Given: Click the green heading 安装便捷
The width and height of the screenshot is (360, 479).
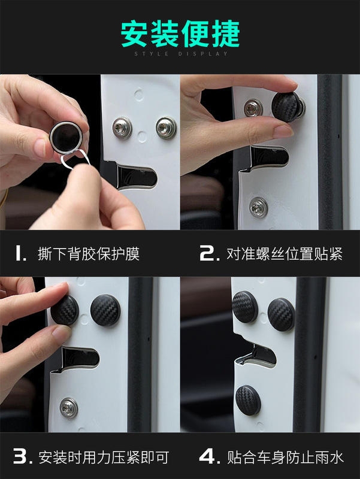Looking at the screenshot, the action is (180, 34).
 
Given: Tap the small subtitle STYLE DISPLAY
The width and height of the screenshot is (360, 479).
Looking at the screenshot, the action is (181, 54).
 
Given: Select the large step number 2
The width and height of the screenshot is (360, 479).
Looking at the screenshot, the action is (209, 253).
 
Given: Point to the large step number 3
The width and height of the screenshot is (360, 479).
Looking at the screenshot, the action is (23, 457).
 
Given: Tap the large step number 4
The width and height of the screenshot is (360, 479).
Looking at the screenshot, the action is (210, 457).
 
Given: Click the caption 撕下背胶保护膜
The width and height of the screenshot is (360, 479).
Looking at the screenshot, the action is (89, 254).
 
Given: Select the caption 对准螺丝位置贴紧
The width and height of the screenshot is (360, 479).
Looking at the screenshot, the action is (285, 254).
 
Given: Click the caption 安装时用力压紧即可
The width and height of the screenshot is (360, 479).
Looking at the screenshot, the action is (104, 457).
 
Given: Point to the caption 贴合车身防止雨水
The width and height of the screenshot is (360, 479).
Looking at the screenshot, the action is (285, 457).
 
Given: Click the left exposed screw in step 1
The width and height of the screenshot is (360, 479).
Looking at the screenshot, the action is (122, 128).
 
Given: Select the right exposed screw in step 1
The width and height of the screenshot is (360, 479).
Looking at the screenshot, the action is (166, 128).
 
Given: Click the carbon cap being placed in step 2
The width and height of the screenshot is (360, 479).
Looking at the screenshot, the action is (287, 107).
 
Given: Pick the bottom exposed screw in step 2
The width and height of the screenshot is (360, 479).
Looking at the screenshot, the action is (258, 207).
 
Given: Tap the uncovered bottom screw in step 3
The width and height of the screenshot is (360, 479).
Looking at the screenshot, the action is (69, 408).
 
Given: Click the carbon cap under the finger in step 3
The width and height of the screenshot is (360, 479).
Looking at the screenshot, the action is (65, 310).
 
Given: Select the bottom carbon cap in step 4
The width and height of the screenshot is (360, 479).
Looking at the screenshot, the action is (248, 400).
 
